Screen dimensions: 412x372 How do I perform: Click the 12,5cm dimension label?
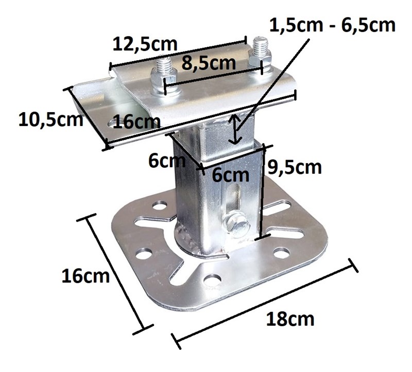145,44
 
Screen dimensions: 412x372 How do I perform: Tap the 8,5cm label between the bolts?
209,63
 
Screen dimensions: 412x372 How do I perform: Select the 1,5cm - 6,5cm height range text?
332,25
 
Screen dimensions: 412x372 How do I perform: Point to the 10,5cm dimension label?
51,120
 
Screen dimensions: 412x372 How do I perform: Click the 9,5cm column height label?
295,167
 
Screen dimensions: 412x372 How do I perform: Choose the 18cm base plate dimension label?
290,319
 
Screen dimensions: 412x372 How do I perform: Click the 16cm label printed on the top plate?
137,122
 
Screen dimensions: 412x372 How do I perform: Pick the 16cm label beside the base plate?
85,276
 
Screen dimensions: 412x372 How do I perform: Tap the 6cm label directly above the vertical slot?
230,175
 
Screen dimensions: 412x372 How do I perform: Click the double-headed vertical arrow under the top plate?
235,130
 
